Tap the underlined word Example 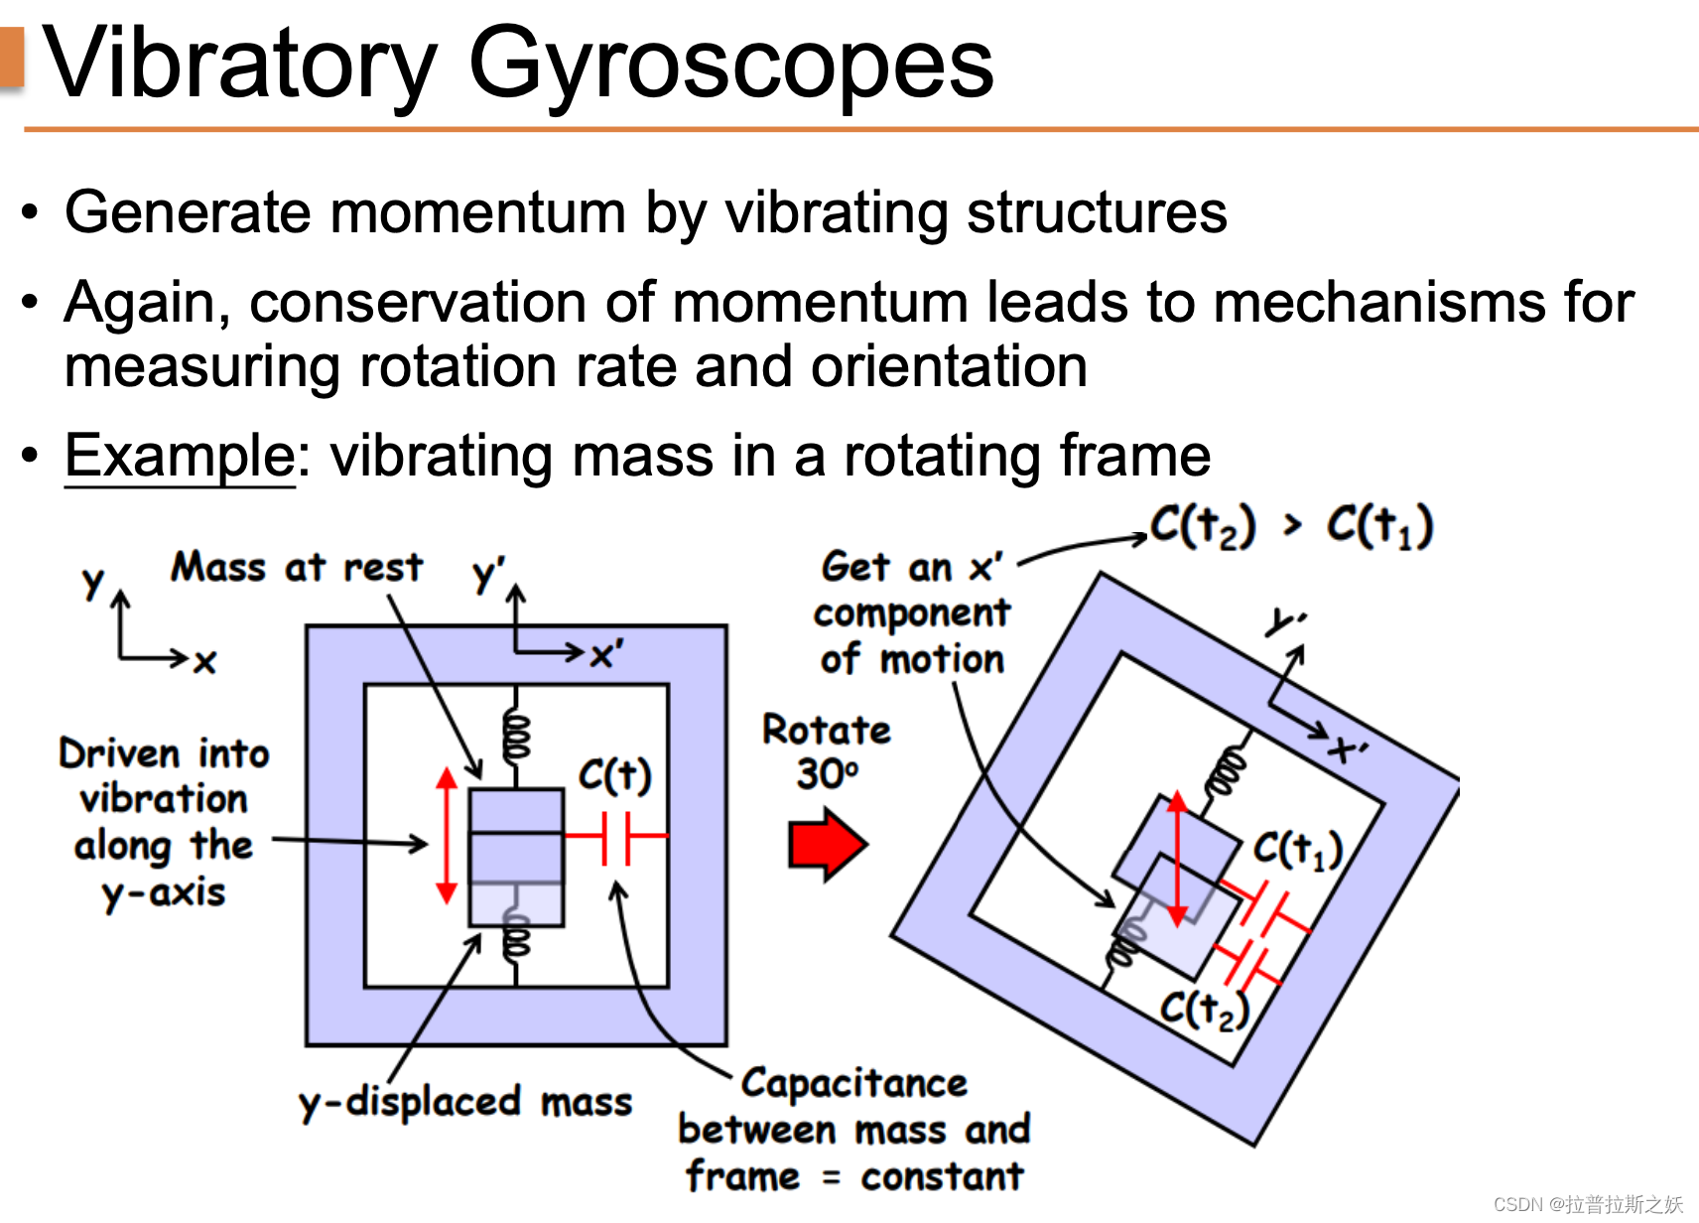(x=180, y=456)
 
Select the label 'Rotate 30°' (x=827, y=751)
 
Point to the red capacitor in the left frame (x=616, y=837)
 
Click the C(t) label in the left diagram (x=615, y=775)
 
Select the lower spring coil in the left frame (x=516, y=937)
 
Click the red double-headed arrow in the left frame (x=447, y=835)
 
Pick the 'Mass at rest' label (x=297, y=568)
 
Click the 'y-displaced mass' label (x=465, y=1102)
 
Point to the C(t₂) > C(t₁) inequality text (x=1291, y=525)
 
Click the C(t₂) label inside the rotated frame (x=1204, y=1010)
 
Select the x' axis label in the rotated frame (x=1349, y=748)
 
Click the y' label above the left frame (x=488, y=574)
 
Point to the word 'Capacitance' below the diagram (x=854, y=1083)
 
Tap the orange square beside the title (x=12, y=58)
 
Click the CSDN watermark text (x=1587, y=1204)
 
